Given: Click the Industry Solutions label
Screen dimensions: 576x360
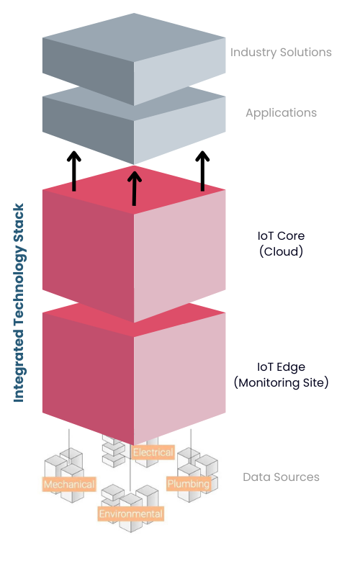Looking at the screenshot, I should point(281,52).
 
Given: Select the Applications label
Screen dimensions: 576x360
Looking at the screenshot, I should point(281,113).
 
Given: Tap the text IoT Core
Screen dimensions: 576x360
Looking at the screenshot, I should point(281,235).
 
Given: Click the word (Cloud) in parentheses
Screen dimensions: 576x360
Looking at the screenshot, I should point(281,251).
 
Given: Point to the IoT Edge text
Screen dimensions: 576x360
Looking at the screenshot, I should point(281,366).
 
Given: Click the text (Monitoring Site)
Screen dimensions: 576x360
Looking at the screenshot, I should point(281,382).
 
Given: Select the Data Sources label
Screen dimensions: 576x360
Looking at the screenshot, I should point(281,477).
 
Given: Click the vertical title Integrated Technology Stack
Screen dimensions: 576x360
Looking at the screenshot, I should point(19,302).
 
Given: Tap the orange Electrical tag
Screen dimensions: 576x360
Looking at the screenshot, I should point(153,452).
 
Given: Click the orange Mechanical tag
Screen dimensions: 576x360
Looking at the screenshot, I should point(69,485).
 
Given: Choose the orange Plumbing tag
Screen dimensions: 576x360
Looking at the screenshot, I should point(188,483).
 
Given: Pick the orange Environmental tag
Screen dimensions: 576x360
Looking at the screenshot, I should point(130,513).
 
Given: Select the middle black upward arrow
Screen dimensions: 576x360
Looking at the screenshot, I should point(134,186).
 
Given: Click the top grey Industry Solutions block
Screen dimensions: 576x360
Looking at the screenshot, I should point(133,58).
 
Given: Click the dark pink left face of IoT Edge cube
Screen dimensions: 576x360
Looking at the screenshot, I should point(88,374).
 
